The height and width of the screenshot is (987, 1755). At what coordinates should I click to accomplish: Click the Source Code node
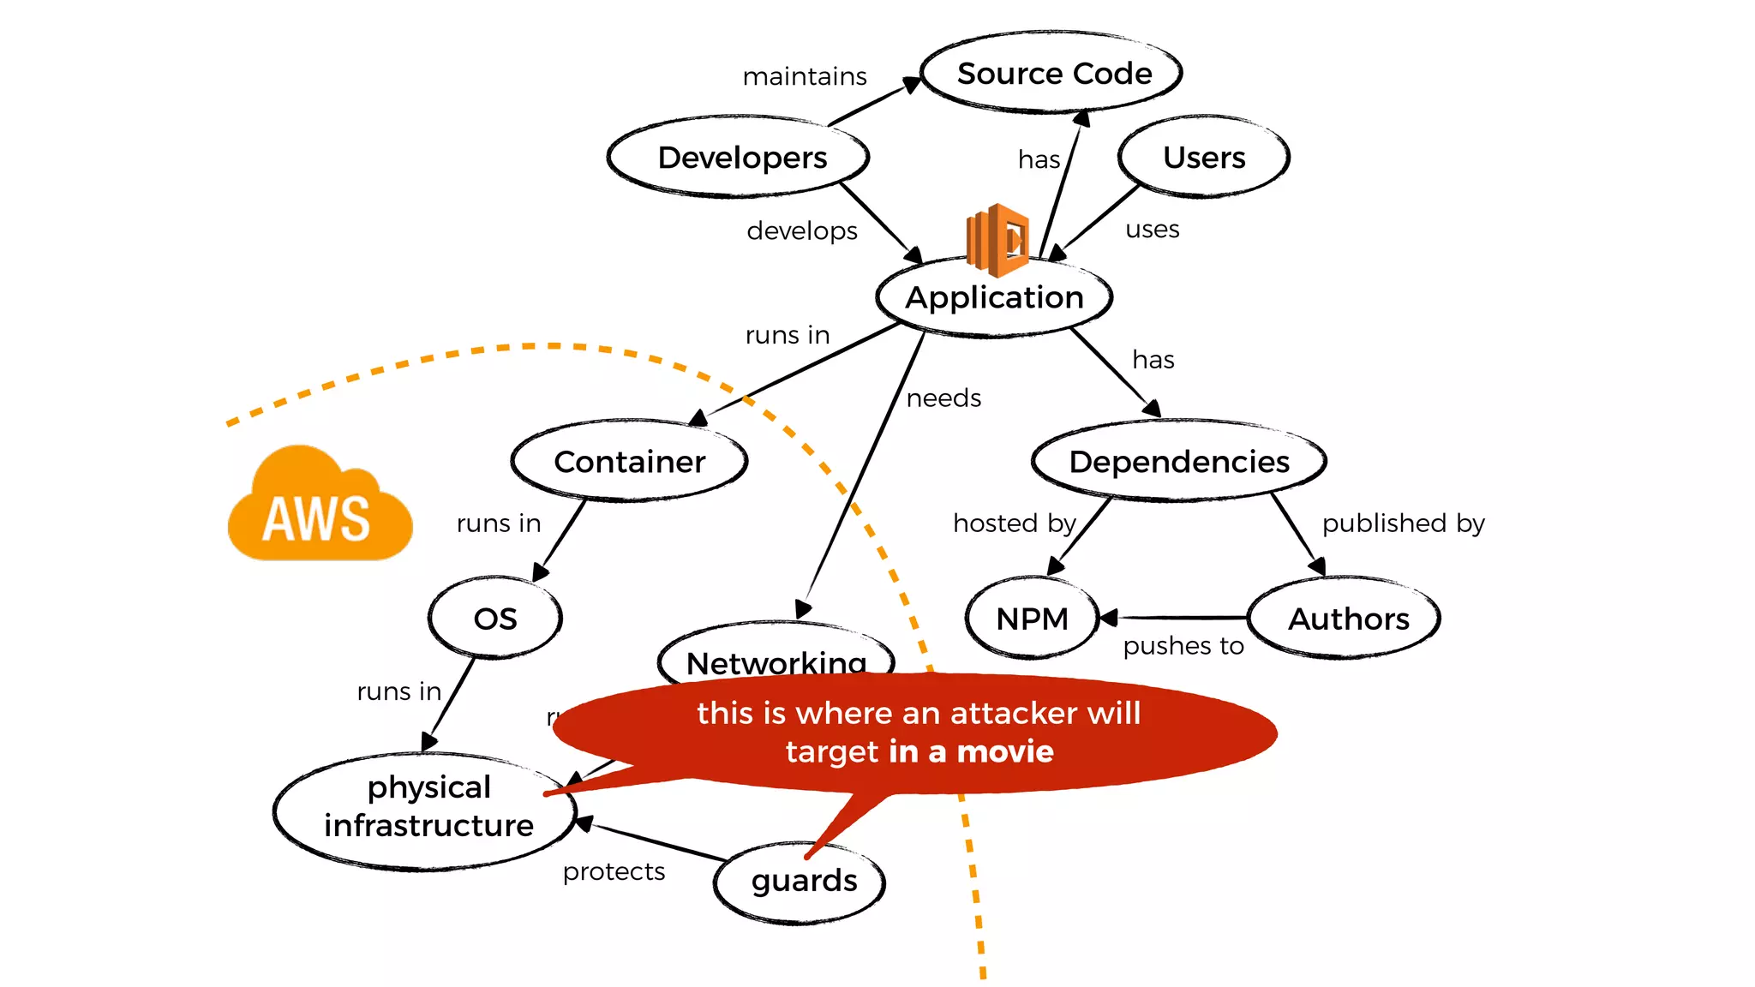point(1053,74)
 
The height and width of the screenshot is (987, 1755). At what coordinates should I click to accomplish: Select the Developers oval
point(741,158)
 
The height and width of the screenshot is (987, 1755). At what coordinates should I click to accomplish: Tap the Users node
point(1203,158)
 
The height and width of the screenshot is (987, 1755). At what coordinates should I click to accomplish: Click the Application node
point(994,298)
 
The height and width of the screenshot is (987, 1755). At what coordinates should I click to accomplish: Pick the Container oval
point(629,462)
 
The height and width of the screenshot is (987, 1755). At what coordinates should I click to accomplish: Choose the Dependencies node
point(1178,462)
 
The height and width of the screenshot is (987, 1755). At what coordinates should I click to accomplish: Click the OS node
point(495,619)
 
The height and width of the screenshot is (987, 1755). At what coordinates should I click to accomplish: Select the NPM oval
point(1032,619)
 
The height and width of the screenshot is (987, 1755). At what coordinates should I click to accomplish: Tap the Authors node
point(1347,619)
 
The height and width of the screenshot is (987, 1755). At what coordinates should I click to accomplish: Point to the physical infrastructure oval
point(427,807)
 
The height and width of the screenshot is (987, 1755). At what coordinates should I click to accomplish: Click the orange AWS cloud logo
point(319,508)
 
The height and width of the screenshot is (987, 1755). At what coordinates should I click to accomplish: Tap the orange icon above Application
point(997,239)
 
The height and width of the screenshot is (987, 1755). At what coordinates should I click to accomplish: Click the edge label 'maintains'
point(805,77)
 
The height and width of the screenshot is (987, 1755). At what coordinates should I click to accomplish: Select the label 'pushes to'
point(1183,646)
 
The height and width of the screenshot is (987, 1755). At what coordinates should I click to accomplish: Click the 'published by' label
point(1403,523)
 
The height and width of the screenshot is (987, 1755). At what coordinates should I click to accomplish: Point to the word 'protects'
point(614,872)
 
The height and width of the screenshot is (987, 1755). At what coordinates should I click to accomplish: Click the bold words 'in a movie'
point(971,752)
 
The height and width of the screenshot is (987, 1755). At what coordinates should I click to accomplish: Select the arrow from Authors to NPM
point(1174,617)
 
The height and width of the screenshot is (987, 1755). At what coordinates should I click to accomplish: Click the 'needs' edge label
point(943,398)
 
